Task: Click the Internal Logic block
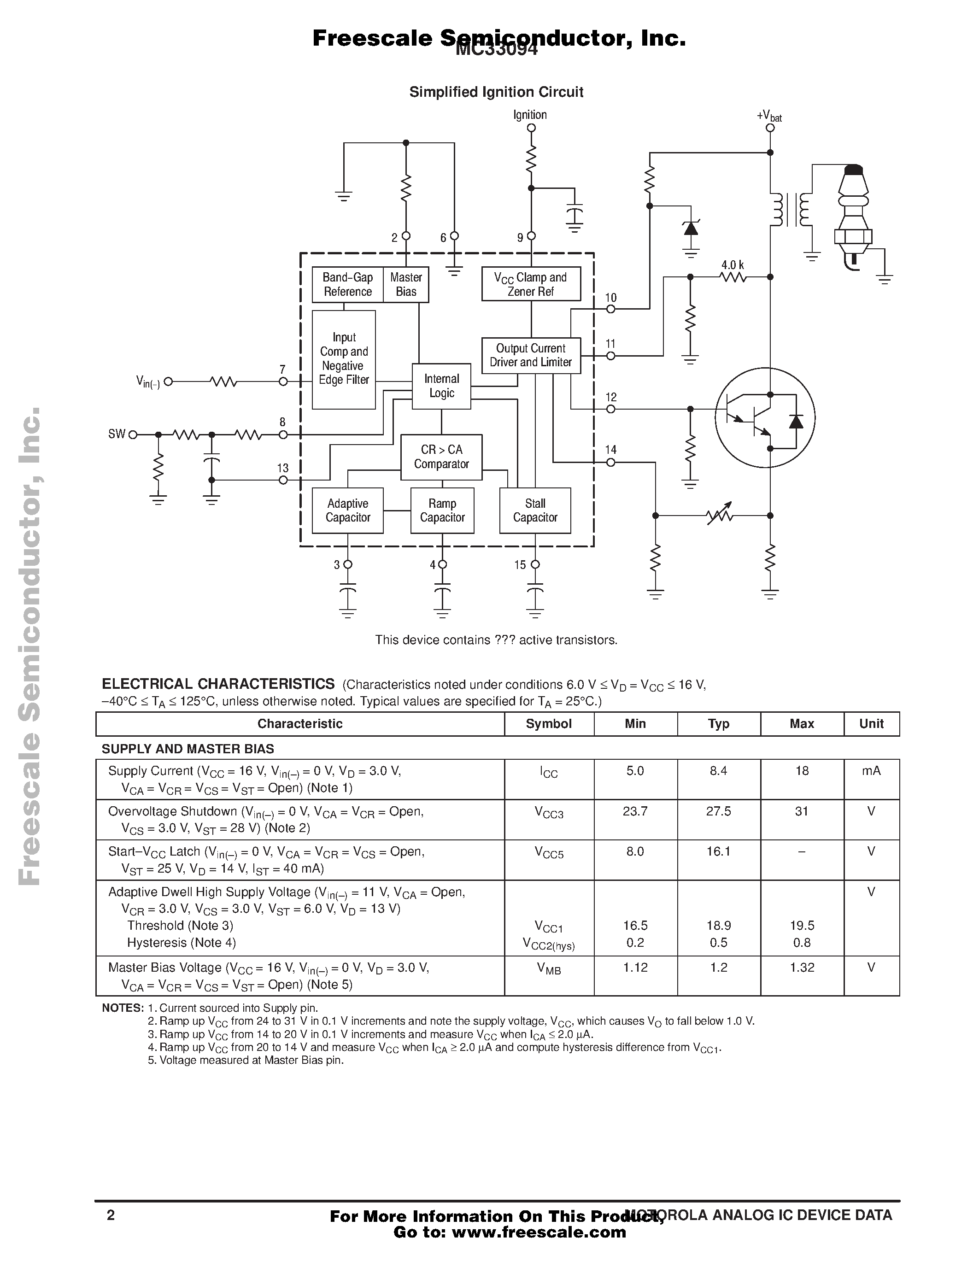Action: tap(441, 387)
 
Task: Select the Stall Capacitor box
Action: tap(535, 510)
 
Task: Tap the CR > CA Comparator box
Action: tap(441, 457)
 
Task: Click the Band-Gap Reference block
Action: tap(347, 285)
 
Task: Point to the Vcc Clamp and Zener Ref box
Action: tap(531, 284)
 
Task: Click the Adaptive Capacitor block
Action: tap(347, 510)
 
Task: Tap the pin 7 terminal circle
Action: tap(283, 382)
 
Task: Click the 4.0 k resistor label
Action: tap(732, 265)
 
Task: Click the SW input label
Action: tap(117, 434)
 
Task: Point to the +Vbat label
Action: tap(769, 116)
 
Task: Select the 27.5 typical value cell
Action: tap(718, 811)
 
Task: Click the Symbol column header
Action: tap(549, 724)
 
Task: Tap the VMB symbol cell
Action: tap(549, 968)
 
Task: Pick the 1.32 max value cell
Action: tap(802, 967)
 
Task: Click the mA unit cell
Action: tap(871, 771)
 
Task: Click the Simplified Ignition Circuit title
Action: tap(496, 92)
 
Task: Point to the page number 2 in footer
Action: tap(111, 1215)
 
